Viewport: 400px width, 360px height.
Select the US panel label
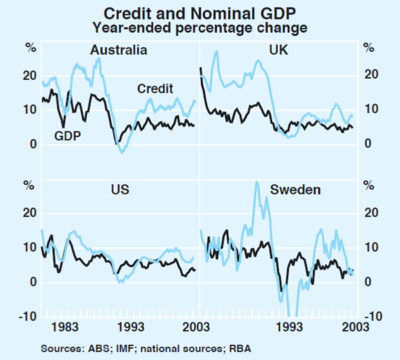click(x=119, y=190)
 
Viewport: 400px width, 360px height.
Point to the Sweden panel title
click(x=295, y=190)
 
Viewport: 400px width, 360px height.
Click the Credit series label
click(x=155, y=89)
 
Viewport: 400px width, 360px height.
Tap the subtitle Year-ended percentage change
click(x=200, y=28)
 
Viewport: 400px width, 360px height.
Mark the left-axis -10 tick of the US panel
click(x=29, y=317)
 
